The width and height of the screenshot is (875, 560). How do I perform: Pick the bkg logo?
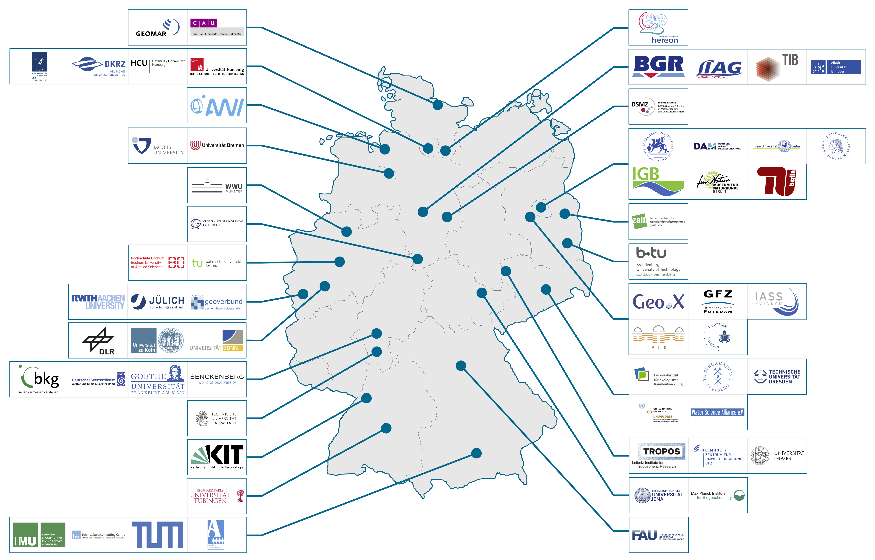pyautogui.click(x=39, y=379)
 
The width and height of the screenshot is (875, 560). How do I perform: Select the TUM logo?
pyautogui.click(x=157, y=535)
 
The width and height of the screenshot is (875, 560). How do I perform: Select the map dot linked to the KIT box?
pyautogui.click(x=366, y=398)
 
